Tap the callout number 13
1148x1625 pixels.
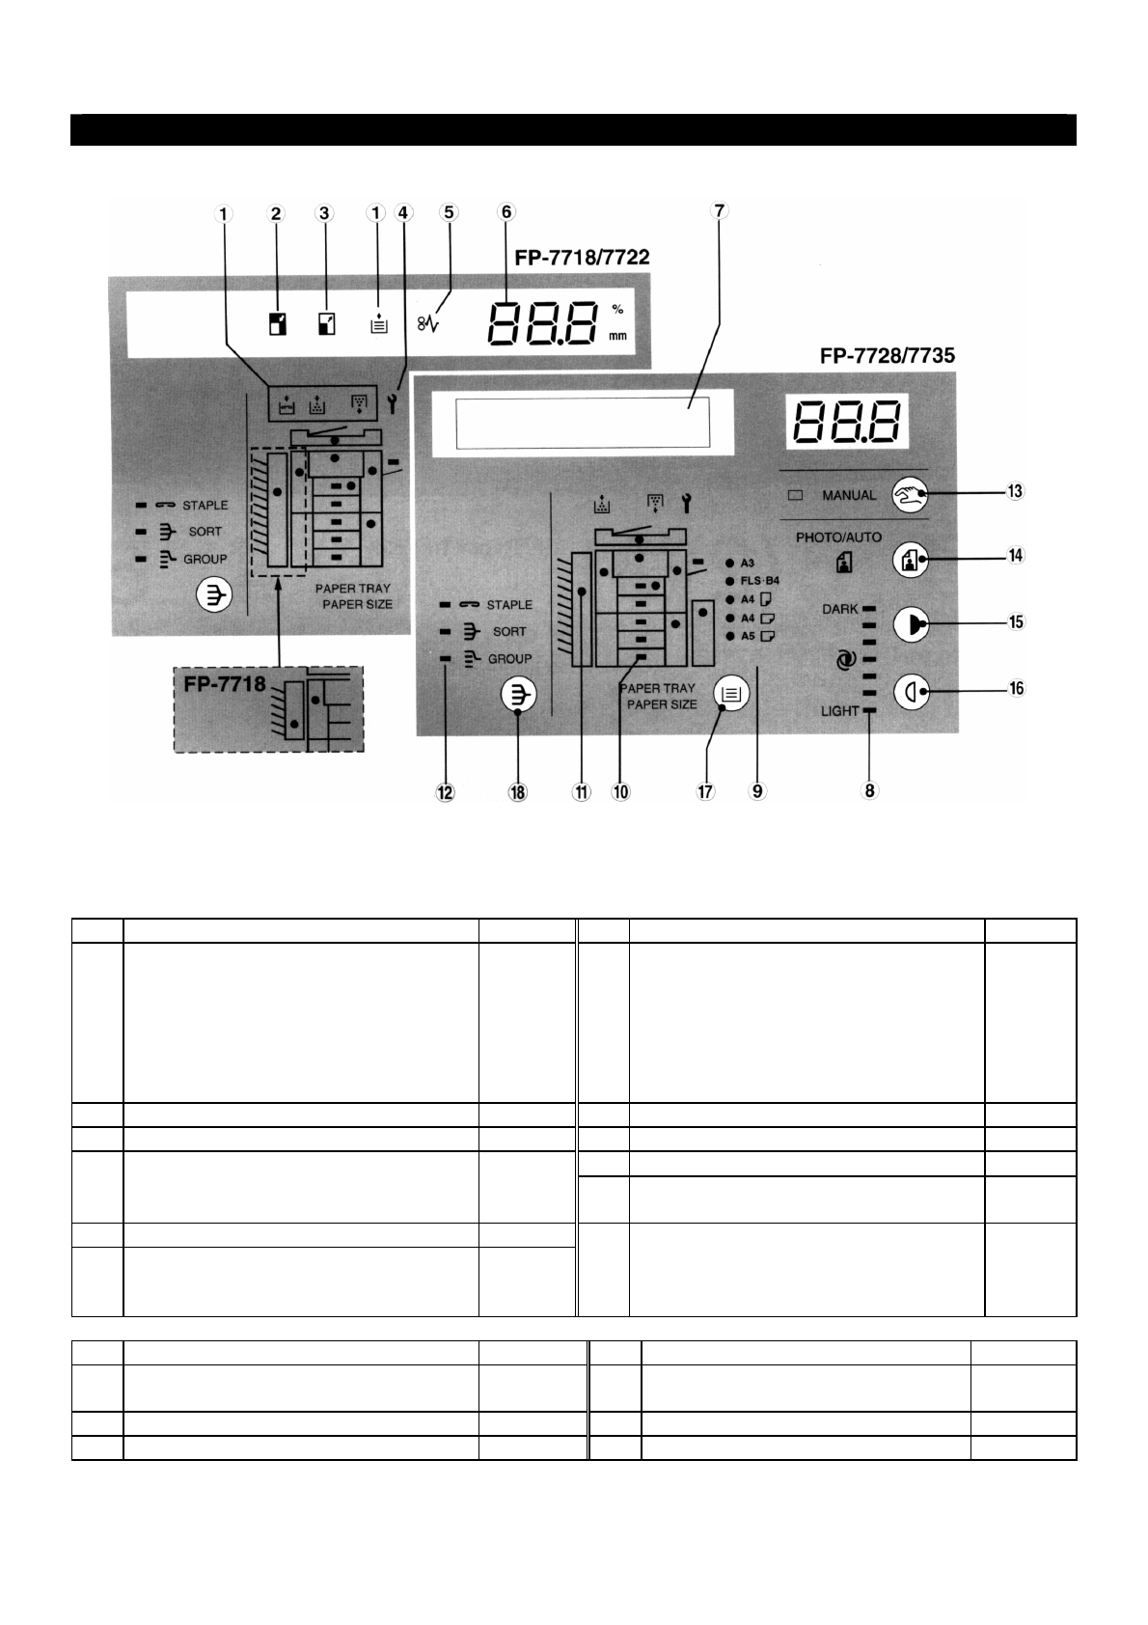pos(1015,492)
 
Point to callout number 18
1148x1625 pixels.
pos(519,791)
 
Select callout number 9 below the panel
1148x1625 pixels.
pos(758,791)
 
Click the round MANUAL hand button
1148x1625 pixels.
pos(910,495)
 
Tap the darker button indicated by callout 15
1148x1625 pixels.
pos(910,624)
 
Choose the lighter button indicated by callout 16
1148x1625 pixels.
pos(910,691)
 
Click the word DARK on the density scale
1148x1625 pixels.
pos(839,609)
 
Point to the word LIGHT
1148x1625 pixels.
pos(839,711)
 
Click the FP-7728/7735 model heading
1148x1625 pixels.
pos(887,355)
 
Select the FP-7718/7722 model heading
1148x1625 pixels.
pos(581,258)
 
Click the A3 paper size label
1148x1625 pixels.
pos(748,563)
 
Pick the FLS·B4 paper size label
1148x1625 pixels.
pos(759,581)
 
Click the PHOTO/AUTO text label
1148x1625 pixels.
pos(838,537)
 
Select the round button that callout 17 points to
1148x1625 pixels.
pos(731,693)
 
